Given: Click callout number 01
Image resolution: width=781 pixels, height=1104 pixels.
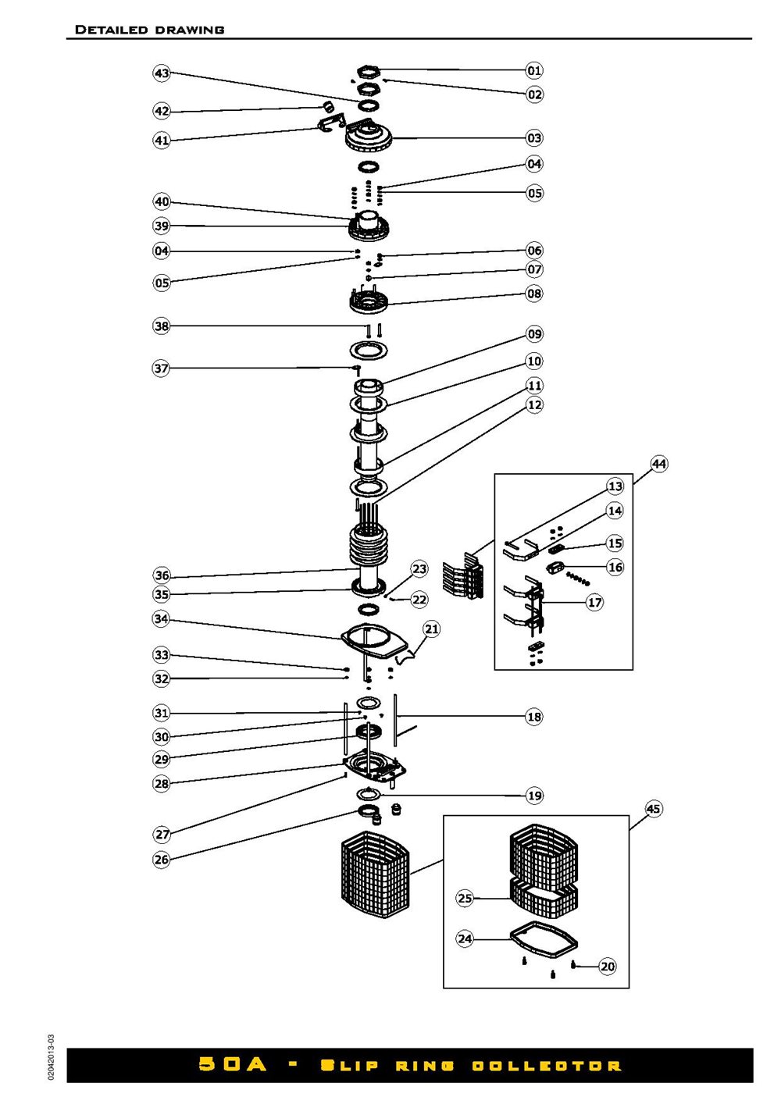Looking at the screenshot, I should (534, 70).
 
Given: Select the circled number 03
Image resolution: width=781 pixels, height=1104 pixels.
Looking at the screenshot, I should (534, 138).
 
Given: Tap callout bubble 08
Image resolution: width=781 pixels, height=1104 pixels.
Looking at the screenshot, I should (534, 294).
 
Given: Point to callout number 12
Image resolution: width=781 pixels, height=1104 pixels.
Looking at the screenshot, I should (534, 404).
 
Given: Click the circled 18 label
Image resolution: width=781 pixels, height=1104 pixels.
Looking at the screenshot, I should (534, 717).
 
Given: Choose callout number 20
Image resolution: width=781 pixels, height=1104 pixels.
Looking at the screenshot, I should (608, 967).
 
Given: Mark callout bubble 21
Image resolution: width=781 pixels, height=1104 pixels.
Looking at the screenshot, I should (432, 629).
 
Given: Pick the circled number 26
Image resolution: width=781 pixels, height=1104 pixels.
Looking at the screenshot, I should (162, 860).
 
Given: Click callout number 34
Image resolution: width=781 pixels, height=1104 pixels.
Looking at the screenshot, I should (161, 619).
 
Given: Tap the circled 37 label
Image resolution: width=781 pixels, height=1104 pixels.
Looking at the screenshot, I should (161, 369).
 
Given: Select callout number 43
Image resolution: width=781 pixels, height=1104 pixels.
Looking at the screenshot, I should (162, 73).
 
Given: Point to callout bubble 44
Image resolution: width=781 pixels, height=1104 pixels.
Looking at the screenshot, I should (659, 464).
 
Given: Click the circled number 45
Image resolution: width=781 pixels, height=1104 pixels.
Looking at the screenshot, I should (654, 809).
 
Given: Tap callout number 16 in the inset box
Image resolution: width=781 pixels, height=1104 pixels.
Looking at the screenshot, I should (615, 567).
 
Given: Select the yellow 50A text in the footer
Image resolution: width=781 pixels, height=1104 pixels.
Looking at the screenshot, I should (232, 1065).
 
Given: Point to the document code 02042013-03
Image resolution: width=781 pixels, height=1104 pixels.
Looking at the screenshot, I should (52, 1058).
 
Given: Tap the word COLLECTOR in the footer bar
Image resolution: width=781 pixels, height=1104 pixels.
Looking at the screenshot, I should (547, 1066).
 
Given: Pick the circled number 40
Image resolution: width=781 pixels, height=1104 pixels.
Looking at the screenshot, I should (162, 201).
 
